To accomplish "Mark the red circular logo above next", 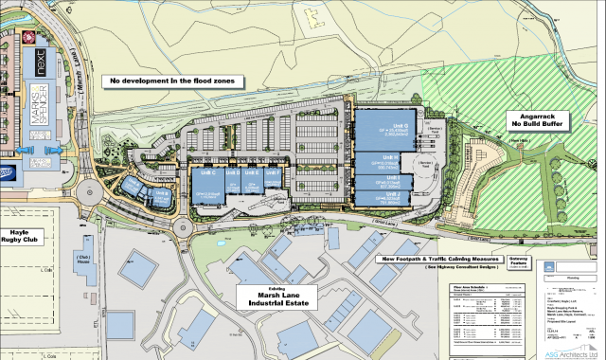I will click(x=28, y=38).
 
